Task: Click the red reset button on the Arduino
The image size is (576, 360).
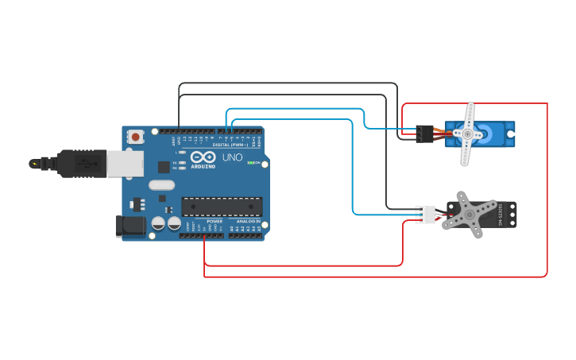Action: coord(137,137)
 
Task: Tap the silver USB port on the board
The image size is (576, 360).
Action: coord(125,163)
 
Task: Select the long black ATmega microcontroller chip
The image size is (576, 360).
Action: coord(222,207)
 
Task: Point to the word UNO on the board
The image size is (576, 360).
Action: coord(232,157)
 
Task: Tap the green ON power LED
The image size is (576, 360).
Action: coord(251,163)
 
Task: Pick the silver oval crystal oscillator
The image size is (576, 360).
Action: coord(160,185)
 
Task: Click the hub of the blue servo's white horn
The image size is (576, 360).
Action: coord(467,135)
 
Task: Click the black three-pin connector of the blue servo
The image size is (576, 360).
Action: coord(425,134)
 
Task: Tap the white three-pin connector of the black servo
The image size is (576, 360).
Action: coord(425,215)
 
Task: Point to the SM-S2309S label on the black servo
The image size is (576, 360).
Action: coord(501,215)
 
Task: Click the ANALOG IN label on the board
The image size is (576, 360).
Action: coord(248,221)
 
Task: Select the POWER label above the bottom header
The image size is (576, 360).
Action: coord(215,221)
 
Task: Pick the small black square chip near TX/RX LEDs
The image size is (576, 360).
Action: coord(164,167)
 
